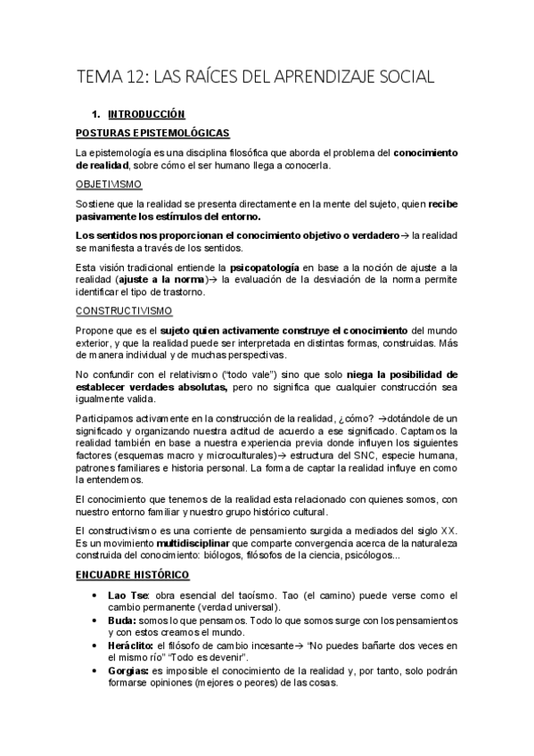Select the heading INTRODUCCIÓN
145,115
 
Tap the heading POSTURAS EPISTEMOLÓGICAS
152,133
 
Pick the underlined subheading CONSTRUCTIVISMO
125,311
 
